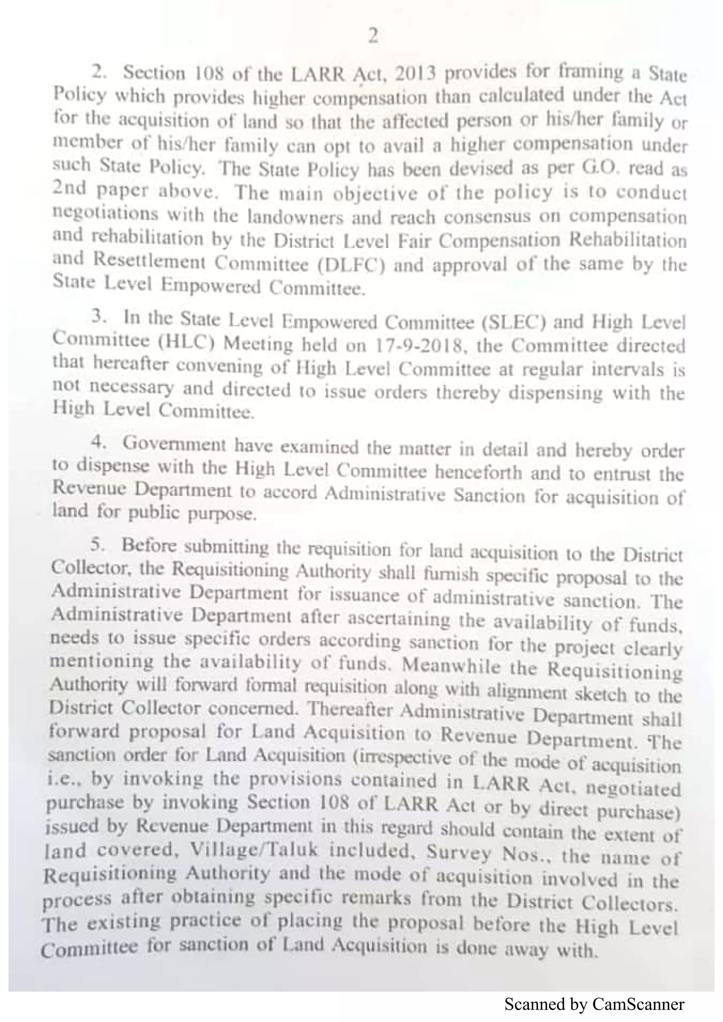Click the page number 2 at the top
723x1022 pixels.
click(373, 36)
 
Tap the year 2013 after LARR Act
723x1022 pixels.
click(415, 73)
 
